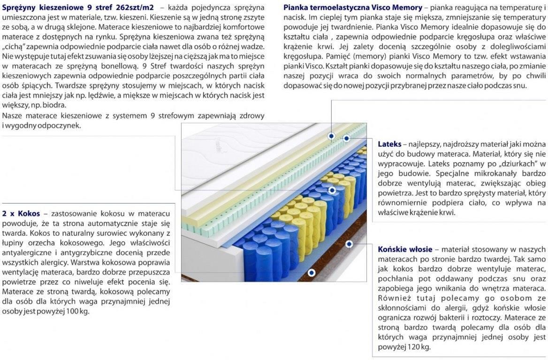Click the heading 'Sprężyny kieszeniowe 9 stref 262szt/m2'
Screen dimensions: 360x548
[x=78, y=8]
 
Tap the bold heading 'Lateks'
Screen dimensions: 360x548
[x=389, y=144]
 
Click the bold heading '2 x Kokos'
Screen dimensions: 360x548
[x=21, y=213]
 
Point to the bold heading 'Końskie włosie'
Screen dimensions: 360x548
[x=405, y=249]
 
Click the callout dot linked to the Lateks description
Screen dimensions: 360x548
[x=346, y=138]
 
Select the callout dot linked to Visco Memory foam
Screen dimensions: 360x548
[x=331, y=136]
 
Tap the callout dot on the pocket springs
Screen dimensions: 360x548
[x=332, y=190]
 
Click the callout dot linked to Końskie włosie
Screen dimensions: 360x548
[x=349, y=244]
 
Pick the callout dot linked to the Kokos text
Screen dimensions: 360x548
[x=312, y=272]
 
